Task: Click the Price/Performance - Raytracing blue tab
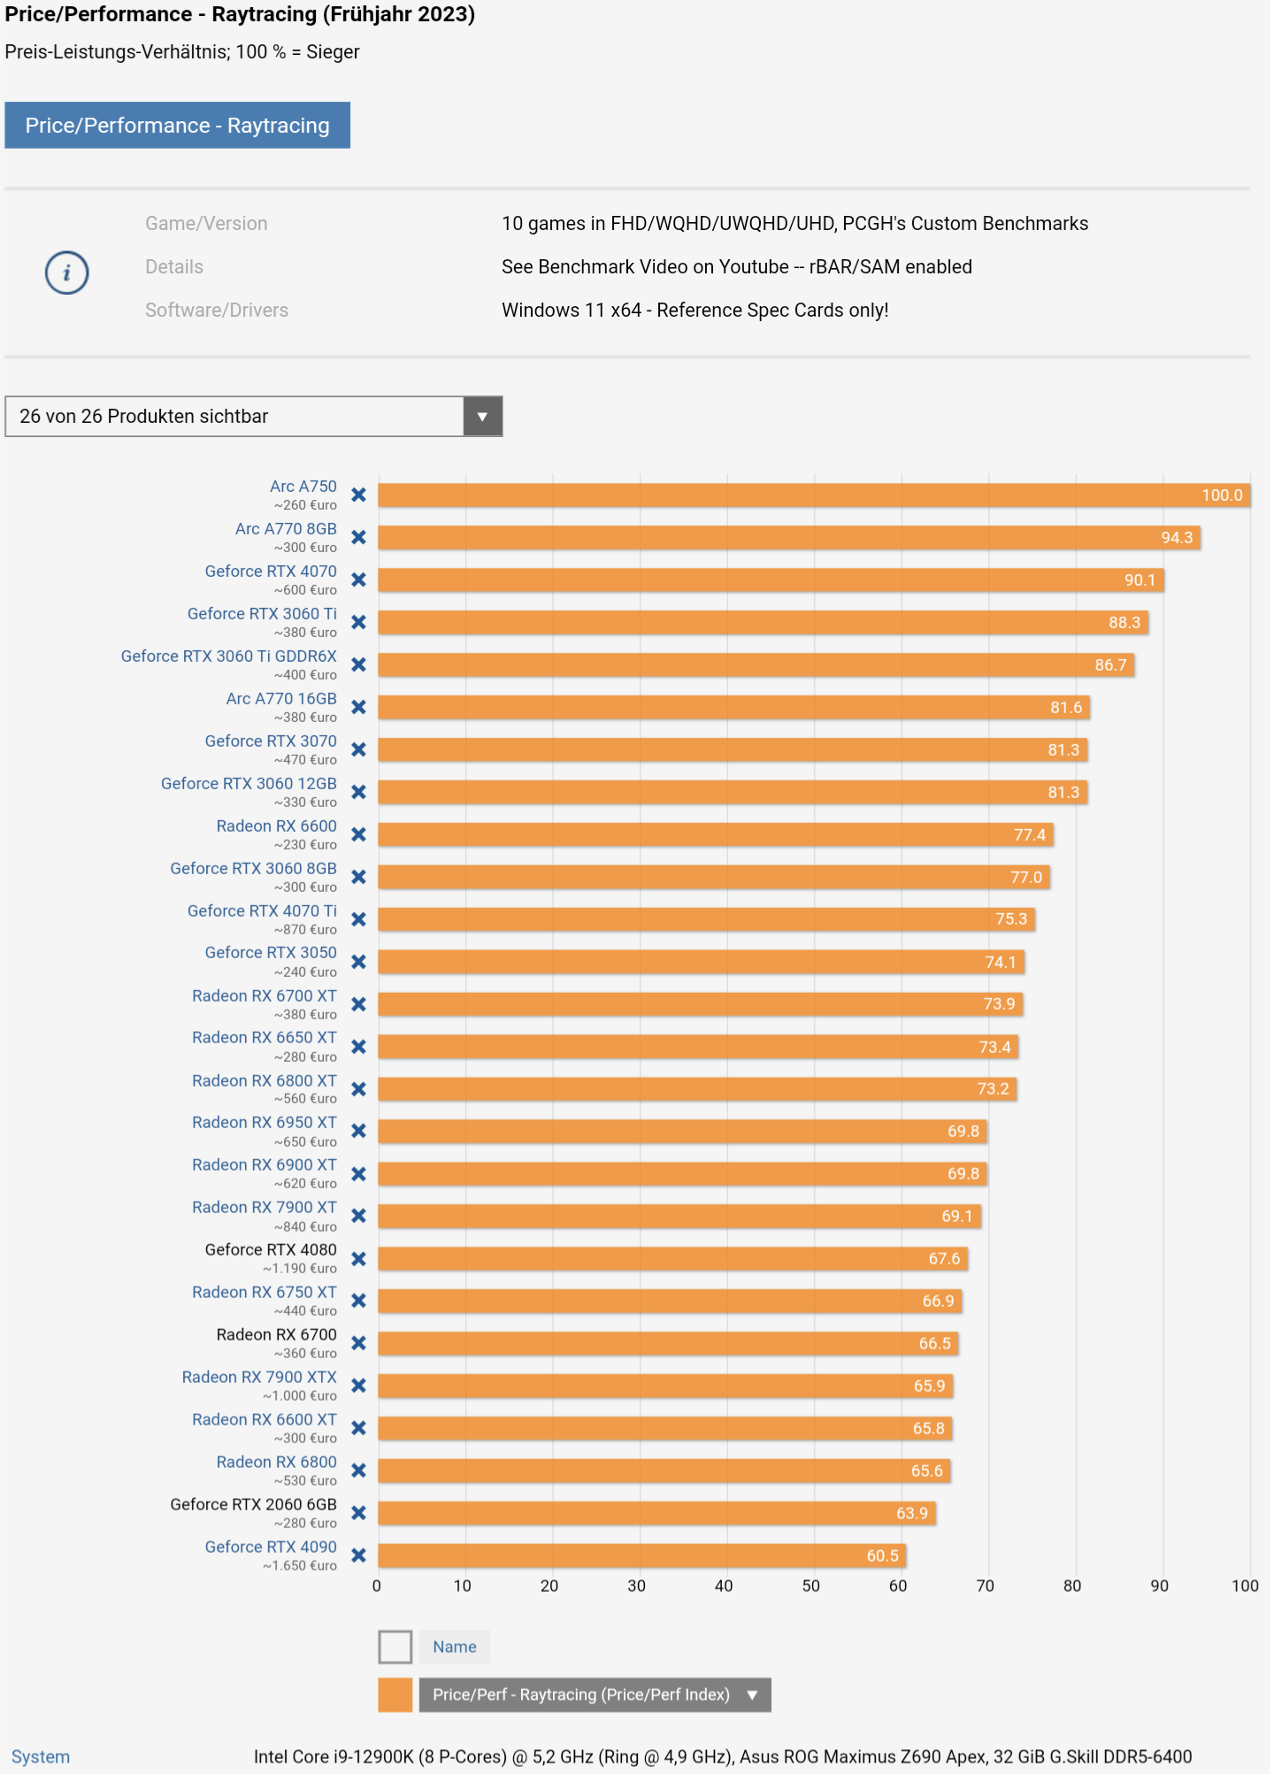177,125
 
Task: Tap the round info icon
67,273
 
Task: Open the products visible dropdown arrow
482,417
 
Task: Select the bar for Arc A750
796,495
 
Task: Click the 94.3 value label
1177,538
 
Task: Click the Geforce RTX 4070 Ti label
262,911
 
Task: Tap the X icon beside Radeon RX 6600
358,834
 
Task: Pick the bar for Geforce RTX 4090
637,1555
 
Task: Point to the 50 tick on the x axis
810,1586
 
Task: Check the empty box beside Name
395,1647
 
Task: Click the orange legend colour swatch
395,1695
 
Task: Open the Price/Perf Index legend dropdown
752,1695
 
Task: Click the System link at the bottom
41,1757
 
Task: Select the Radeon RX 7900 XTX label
259,1378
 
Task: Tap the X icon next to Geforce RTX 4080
358,1259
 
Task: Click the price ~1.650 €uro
300,1566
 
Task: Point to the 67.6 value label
944,1259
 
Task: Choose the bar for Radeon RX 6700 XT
699,1004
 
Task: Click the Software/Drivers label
217,311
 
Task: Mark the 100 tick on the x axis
1245,1586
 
